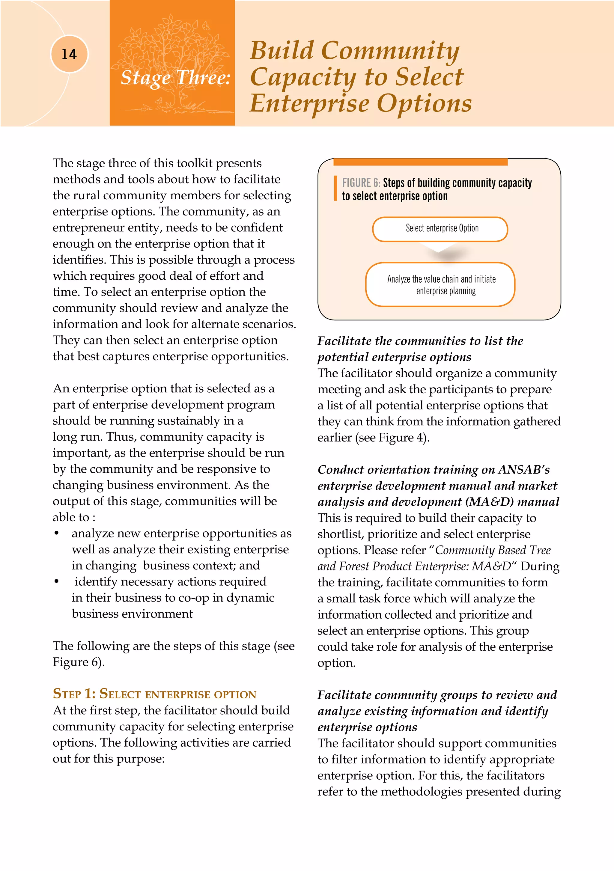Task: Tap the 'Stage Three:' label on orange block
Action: click(175, 77)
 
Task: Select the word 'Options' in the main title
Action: click(424, 103)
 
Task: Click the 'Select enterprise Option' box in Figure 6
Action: click(440, 229)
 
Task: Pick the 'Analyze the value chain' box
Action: click(440, 284)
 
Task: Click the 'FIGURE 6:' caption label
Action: click(360, 183)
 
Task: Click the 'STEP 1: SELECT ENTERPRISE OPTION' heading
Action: click(154, 694)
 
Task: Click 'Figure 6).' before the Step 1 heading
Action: click(78, 662)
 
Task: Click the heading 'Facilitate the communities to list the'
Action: click(420, 341)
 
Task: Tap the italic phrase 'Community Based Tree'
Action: click(493, 550)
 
